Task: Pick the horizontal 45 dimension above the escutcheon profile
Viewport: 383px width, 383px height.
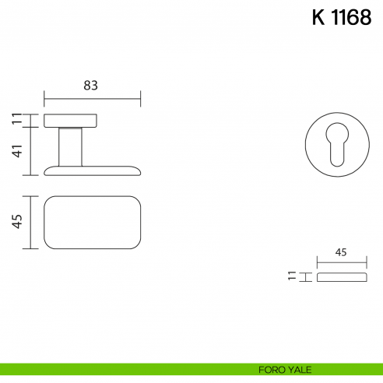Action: click(340, 252)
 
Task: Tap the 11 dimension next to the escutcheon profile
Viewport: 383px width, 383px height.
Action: click(291, 276)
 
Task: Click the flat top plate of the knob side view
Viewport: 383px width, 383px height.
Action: click(70, 120)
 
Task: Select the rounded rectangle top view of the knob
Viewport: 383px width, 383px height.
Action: click(92, 223)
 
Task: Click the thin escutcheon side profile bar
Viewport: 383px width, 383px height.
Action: click(340, 276)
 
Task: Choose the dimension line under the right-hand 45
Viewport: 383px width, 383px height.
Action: click(340, 263)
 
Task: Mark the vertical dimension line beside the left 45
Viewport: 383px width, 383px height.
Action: click(30, 223)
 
